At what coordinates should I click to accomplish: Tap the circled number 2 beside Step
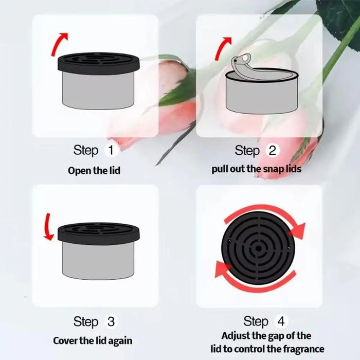click(x=273, y=151)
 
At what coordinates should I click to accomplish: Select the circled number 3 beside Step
click(x=112, y=322)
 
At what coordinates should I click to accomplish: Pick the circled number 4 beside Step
click(x=281, y=322)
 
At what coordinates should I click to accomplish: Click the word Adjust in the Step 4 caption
click(x=237, y=336)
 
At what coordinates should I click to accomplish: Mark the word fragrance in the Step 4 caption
click(x=301, y=349)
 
